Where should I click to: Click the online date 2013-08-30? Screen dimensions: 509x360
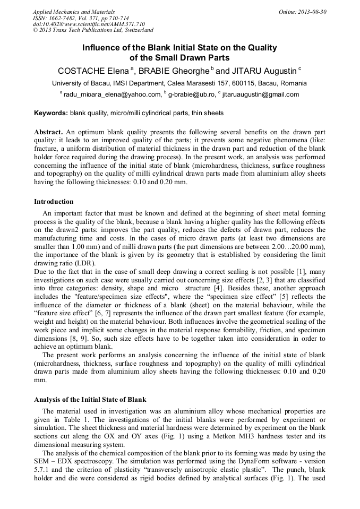pyautogui.click(x=312, y=11)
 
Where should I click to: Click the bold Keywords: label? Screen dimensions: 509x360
pyautogui.click(x=51, y=113)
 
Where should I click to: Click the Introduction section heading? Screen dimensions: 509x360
pyautogui.click(x=54, y=202)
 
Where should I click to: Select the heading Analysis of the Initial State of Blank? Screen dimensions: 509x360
pyautogui.click(x=90, y=399)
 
